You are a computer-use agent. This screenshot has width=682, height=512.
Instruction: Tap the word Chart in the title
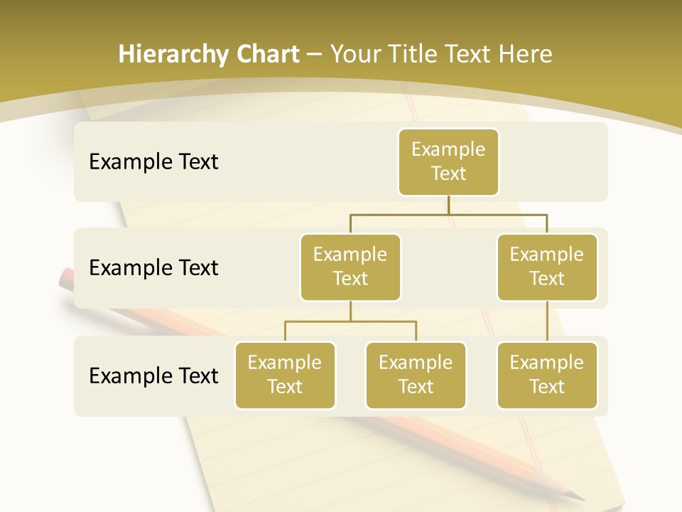(x=267, y=55)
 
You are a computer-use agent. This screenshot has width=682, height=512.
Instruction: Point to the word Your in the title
(x=354, y=55)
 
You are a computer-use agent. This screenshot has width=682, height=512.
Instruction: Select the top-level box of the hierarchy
(x=448, y=161)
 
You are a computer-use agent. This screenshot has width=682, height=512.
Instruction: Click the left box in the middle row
(x=350, y=267)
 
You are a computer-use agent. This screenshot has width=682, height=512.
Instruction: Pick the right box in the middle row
(x=547, y=267)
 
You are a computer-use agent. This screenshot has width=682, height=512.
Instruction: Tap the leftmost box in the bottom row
(x=285, y=375)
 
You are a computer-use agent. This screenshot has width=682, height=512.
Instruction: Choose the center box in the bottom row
(x=416, y=375)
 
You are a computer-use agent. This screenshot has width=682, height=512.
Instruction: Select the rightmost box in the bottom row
(x=547, y=375)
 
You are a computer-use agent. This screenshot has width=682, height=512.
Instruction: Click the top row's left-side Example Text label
(x=153, y=162)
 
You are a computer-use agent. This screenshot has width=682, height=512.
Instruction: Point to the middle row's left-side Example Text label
(x=153, y=268)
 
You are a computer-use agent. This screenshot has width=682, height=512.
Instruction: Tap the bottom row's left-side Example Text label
(x=153, y=375)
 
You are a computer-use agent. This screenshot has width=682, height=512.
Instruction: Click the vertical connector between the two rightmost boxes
(x=547, y=321)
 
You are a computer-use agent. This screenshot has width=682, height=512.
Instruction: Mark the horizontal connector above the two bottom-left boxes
(x=350, y=321)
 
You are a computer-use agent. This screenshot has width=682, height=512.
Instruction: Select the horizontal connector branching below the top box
(x=448, y=213)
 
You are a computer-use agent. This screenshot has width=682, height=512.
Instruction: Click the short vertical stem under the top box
(x=448, y=205)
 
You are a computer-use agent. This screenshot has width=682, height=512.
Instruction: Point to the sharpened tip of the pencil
(x=579, y=497)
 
